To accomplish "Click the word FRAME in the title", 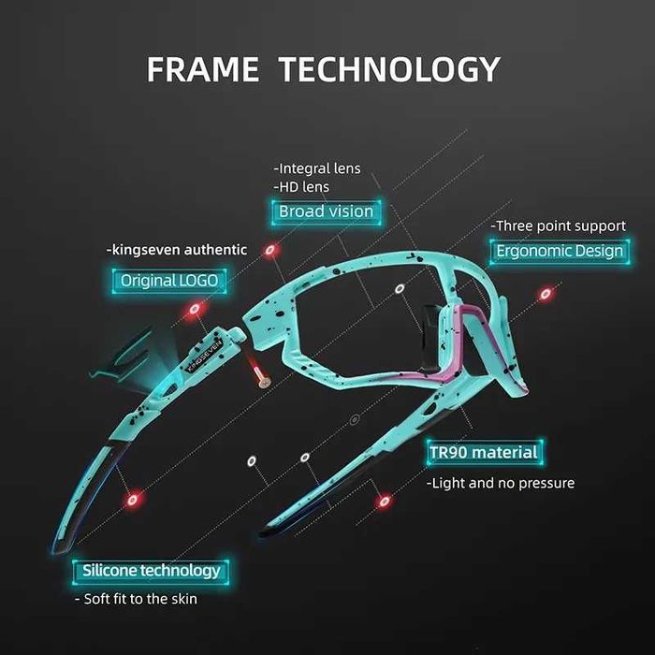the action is point(203,69).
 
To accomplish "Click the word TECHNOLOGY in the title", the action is point(389,69).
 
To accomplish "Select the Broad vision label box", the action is point(326,211).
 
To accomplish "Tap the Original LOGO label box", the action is point(169,281).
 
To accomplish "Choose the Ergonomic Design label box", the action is point(560,251).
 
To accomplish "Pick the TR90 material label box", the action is point(484,452).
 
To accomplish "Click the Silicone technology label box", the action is point(151,571).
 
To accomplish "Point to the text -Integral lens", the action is point(317,168).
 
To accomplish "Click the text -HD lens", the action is point(301,187).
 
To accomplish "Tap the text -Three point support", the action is point(558,226).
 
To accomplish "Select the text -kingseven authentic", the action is point(177,250).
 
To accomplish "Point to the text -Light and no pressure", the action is point(501,483).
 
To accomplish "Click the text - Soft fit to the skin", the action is point(137,599).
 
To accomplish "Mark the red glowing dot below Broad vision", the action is point(270,250).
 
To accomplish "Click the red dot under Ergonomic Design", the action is point(546,294).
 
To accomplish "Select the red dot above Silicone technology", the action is point(133,500).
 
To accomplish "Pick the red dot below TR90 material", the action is point(384,501).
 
